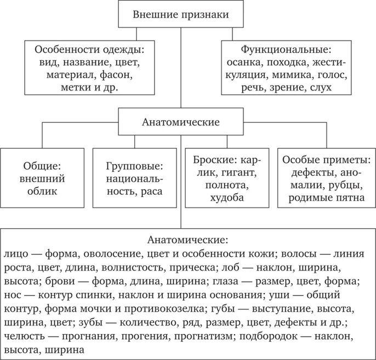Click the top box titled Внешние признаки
[x=181, y=14]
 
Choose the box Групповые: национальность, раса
[x=134, y=178]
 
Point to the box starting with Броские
[x=227, y=178]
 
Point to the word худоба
[x=227, y=198]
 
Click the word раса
[x=151, y=192]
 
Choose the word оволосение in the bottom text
[x=119, y=255]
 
